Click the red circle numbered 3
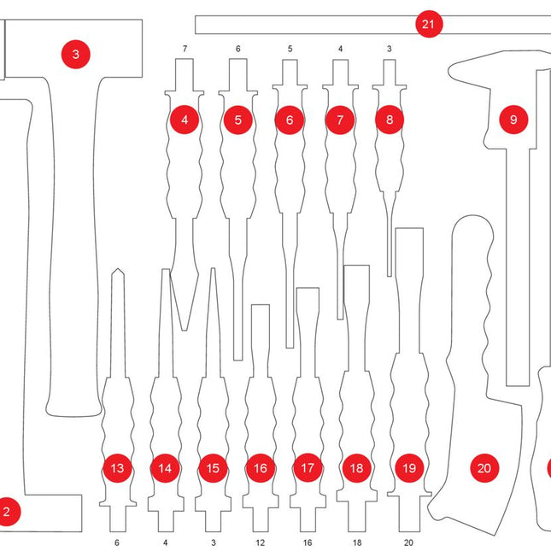(x=76, y=55)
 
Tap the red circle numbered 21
(x=429, y=25)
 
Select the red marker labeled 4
(x=185, y=120)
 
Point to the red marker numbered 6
(x=290, y=120)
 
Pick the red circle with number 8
(x=390, y=120)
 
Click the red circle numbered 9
(x=513, y=120)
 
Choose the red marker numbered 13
(x=118, y=468)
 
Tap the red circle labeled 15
(x=213, y=468)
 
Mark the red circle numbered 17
(x=308, y=468)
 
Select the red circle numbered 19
(x=409, y=468)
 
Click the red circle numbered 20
(x=484, y=468)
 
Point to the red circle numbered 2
(x=7, y=513)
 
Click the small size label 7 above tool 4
(x=185, y=50)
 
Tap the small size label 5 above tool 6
(x=290, y=50)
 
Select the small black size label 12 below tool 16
(x=261, y=542)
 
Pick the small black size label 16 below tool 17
(x=308, y=542)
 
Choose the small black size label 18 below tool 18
(x=357, y=542)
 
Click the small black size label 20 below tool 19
(x=408, y=542)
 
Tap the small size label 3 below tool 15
(x=213, y=542)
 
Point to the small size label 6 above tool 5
(x=238, y=50)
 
